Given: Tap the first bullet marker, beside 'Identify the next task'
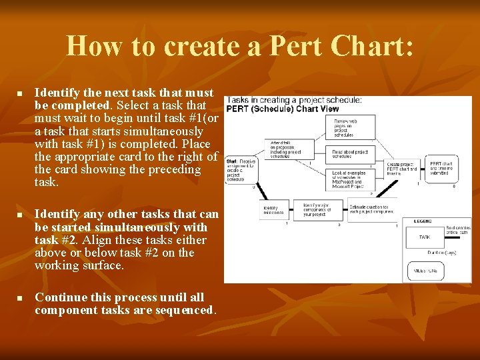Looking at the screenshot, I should [x=21, y=93].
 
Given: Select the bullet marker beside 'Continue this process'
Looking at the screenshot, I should [x=21, y=298].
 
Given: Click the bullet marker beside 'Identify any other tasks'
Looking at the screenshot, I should [x=21, y=215].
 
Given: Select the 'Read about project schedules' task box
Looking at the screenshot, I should [x=350, y=153].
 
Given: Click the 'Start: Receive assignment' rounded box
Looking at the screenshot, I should [x=241, y=169].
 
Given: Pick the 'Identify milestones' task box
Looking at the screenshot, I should [x=275, y=210].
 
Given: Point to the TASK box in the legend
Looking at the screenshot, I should [x=425, y=237].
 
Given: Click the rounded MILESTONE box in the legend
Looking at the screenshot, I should [x=425, y=271].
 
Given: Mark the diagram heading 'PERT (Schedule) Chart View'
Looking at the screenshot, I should [x=283, y=109].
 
